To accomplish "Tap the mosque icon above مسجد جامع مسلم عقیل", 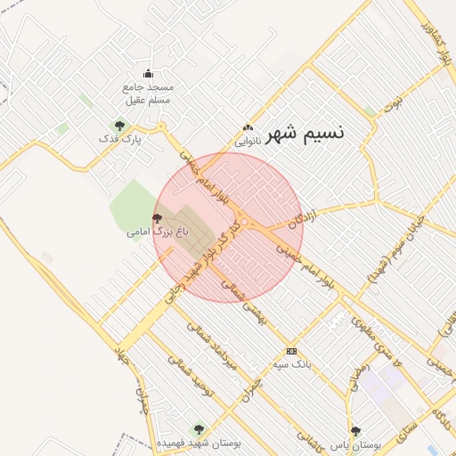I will pyautogui.click(x=148, y=74).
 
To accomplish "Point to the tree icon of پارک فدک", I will pyautogui.click(x=119, y=126).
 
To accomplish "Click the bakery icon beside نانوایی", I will pyautogui.click(x=247, y=128).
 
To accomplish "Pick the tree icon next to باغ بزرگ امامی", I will pyautogui.click(x=158, y=217).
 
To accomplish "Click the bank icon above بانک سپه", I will pyautogui.click(x=290, y=351).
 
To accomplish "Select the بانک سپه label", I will pyautogui.click(x=291, y=364).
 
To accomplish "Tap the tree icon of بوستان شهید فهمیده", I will pyautogui.click(x=198, y=429).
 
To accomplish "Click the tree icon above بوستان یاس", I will pyautogui.click(x=355, y=430).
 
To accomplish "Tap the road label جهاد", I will pyautogui.click(x=122, y=359).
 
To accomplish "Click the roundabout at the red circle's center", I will pyautogui.click(x=243, y=223).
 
